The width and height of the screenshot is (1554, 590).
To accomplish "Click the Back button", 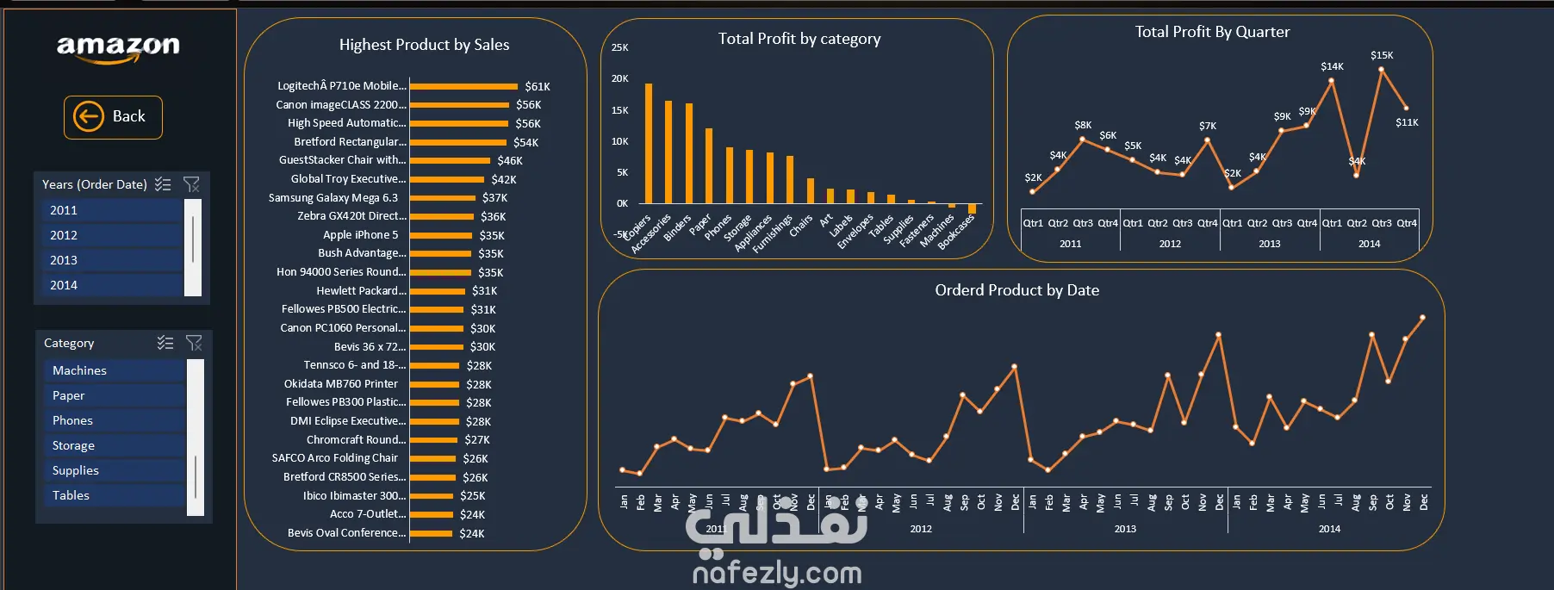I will (113, 117).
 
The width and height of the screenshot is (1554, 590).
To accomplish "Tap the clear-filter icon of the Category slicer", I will (194, 343).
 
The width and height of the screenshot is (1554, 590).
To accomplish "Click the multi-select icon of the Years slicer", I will (163, 184).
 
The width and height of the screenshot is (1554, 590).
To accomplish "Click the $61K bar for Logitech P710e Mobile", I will (463, 86).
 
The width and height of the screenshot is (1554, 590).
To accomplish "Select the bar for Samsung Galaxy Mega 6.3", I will (443, 198).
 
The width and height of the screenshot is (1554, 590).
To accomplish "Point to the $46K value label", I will (510, 161).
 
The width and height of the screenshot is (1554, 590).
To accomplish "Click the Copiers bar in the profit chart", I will (649, 143).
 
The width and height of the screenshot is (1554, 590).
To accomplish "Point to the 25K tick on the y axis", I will (620, 47).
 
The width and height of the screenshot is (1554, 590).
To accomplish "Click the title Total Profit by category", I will (799, 39).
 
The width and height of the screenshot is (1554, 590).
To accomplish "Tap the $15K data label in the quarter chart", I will (1382, 55).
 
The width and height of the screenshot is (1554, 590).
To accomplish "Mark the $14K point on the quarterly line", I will (1332, 81).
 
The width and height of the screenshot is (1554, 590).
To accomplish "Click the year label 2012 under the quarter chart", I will (1170, 244).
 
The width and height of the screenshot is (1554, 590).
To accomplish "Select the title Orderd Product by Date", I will (1016, 290).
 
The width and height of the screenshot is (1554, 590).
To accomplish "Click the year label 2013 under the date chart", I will (1125, 529).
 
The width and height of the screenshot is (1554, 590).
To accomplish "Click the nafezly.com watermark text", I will (777, 572).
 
